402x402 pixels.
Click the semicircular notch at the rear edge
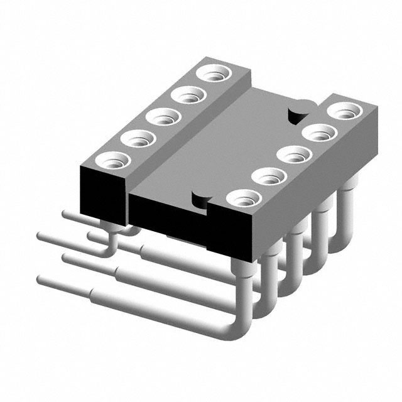coord(295,116)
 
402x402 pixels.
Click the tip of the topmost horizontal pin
coord(65,214)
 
